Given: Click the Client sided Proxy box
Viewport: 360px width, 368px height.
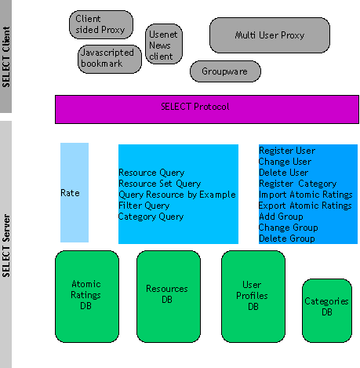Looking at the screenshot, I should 101,24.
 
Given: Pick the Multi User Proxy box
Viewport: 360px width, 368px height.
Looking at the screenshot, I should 270,35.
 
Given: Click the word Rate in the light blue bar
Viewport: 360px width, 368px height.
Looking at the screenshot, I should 71,192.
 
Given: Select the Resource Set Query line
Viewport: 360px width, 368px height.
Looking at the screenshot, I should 159,184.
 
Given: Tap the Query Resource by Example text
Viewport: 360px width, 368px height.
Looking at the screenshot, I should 176,195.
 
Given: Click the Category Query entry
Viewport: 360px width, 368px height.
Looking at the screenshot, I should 151,217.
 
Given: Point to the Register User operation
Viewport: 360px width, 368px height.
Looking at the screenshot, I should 287,150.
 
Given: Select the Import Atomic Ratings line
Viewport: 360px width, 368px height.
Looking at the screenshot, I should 306,194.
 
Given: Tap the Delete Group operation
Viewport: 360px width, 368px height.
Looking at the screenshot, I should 287,238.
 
